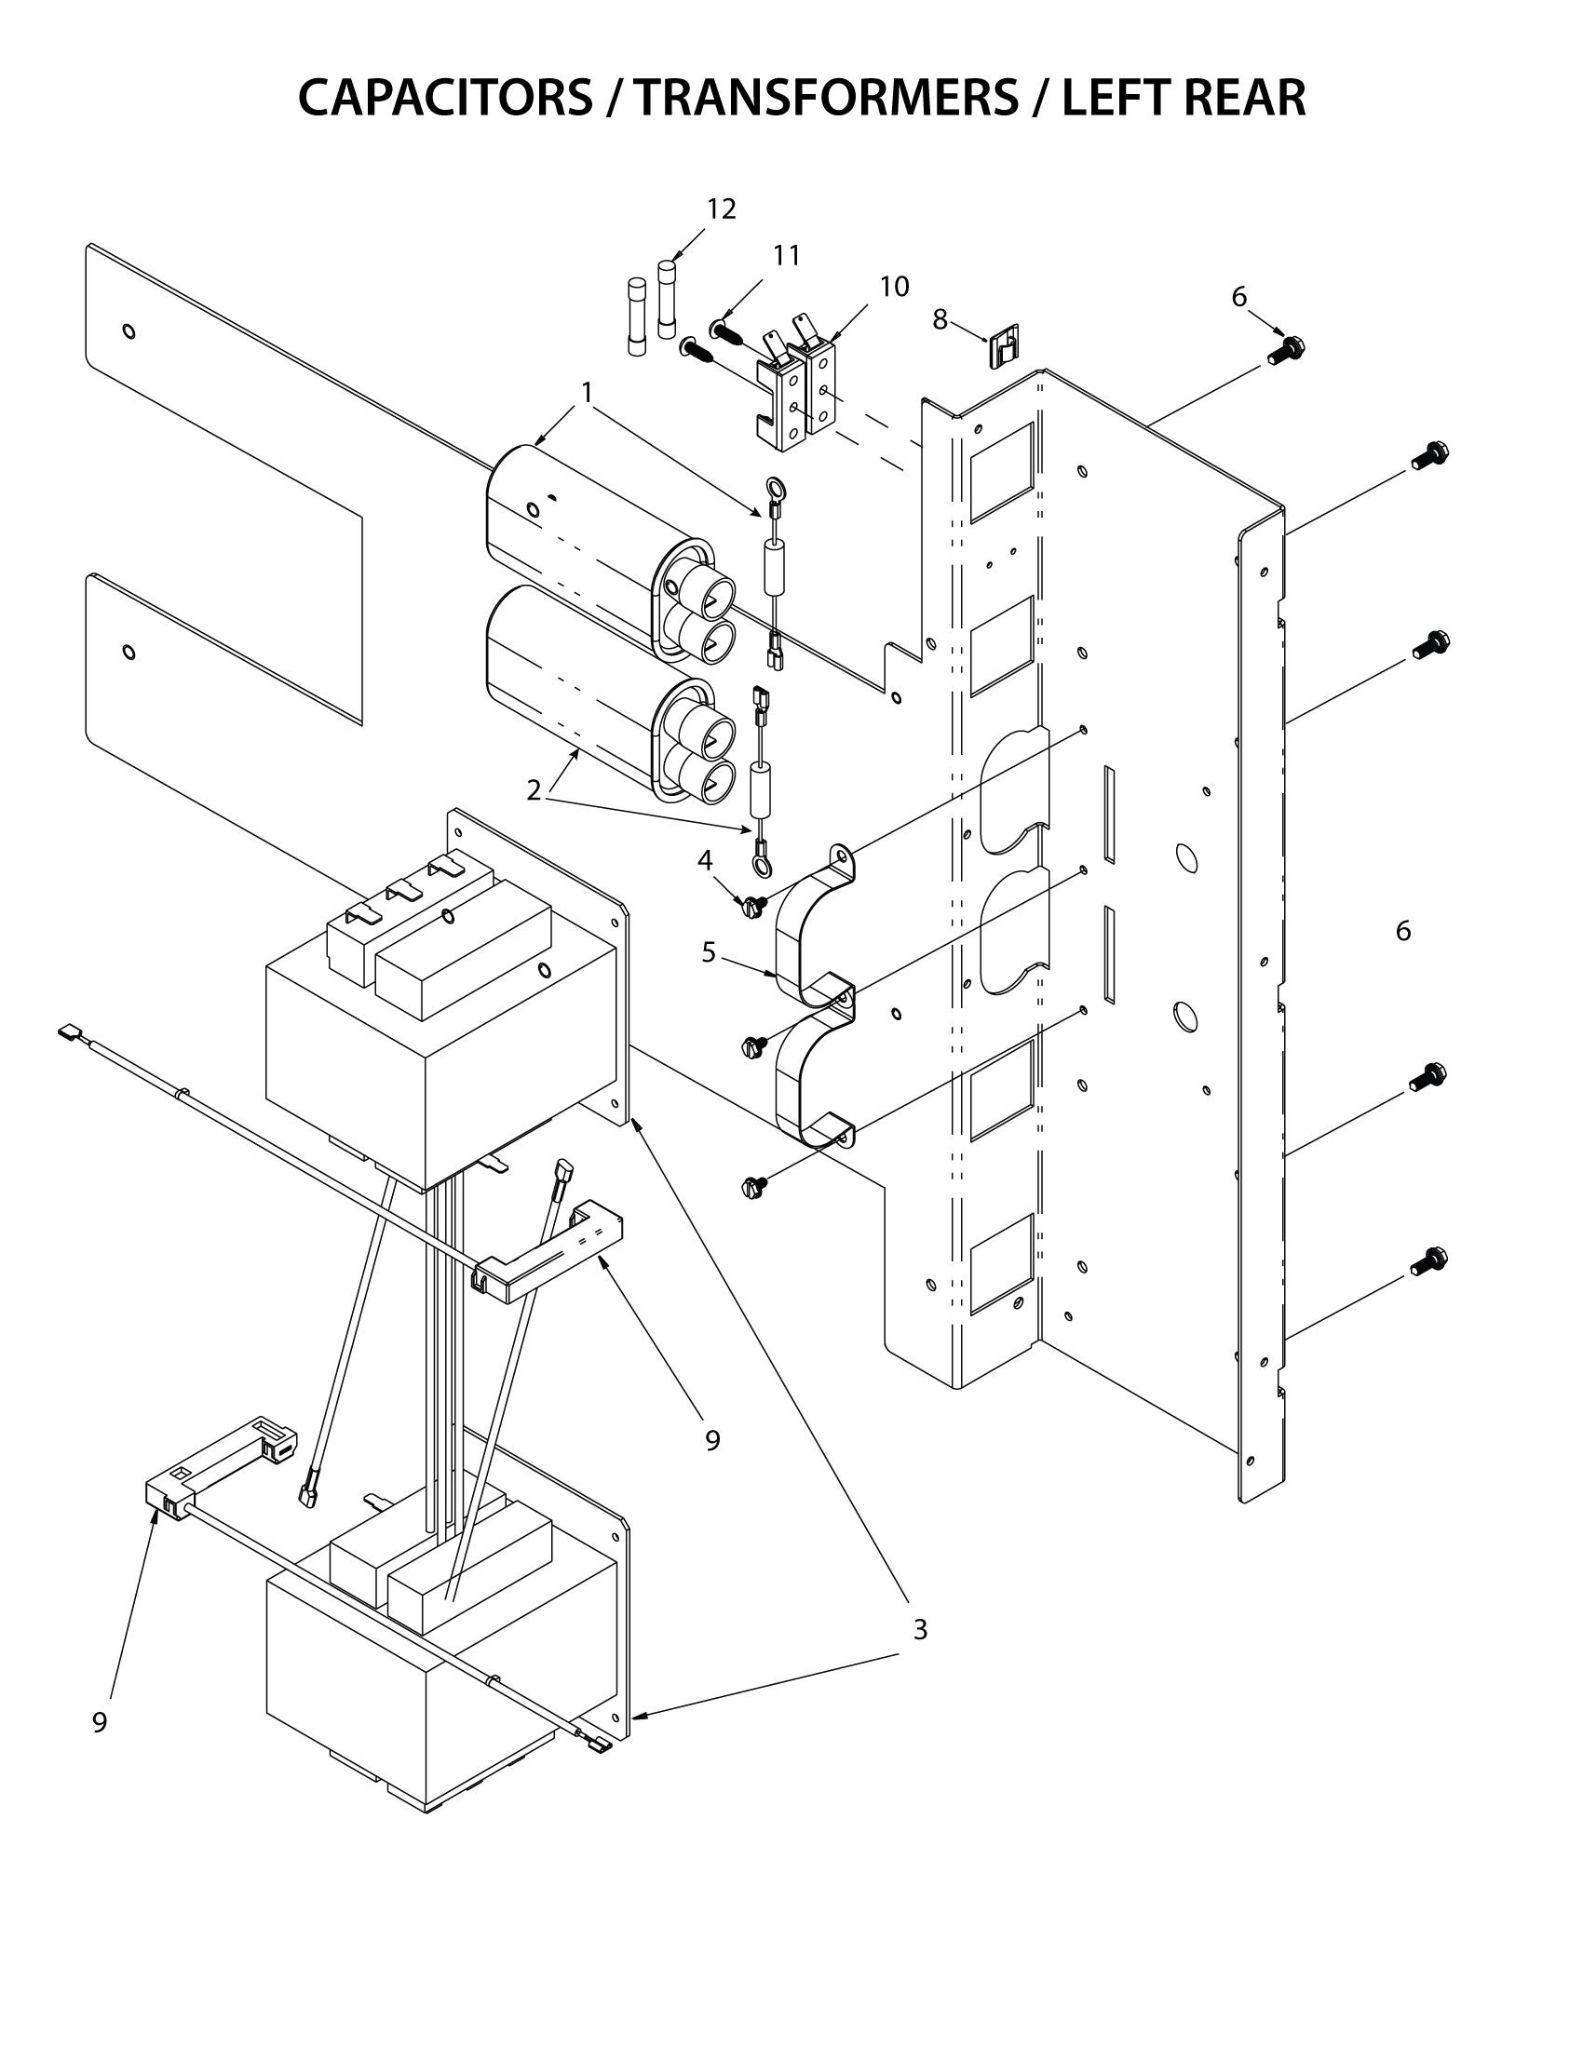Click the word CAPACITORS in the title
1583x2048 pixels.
(445, 98)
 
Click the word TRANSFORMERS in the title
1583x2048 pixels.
(824, 98)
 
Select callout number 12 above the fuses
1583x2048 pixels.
(720, 209)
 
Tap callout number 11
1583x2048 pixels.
(786, 255)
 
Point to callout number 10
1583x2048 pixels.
(894, 287)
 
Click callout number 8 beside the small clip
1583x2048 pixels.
(940, 319)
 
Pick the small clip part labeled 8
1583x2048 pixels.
(1005, 346)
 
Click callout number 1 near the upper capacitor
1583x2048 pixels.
(587, 392)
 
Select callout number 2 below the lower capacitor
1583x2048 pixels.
(534, 790)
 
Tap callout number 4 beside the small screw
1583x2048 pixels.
(704, 859)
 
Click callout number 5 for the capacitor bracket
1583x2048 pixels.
(709, 952)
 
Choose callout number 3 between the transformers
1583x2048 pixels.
(920, 1630)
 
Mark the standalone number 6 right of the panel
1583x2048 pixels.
(1403, 931)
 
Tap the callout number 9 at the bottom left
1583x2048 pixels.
(101, 1722)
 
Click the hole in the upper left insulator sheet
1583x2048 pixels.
(129, 331)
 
